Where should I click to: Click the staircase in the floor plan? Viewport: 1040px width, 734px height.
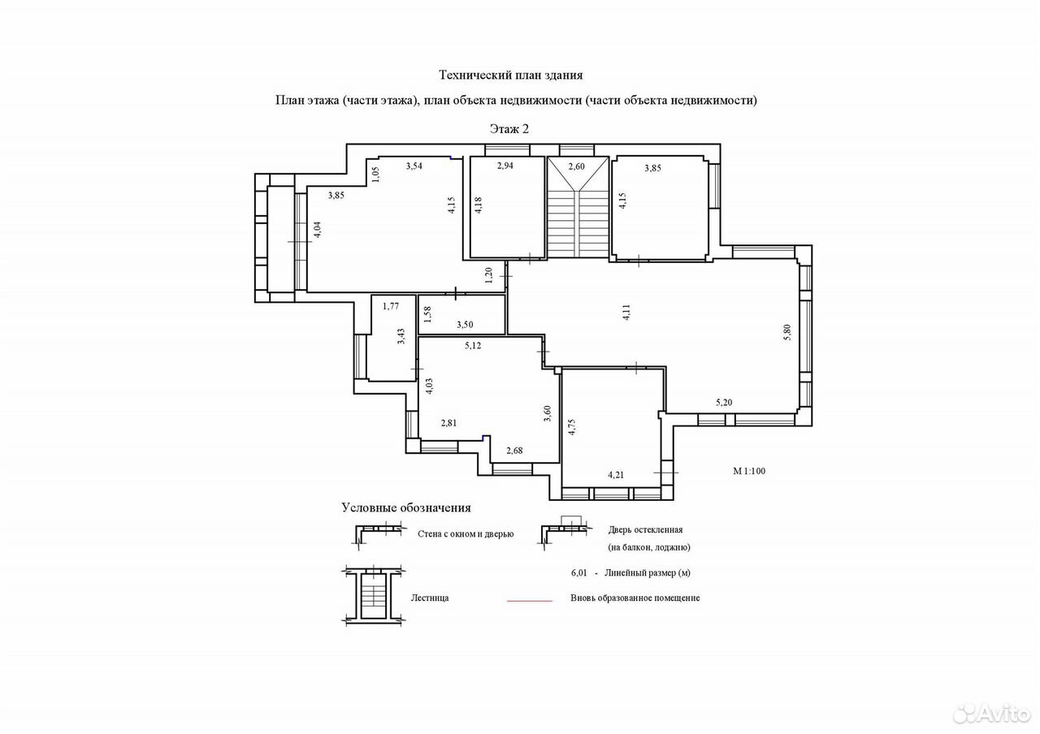[578, 207]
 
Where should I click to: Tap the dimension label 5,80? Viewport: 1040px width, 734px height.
[786, 333]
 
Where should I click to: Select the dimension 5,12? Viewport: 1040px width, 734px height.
[473, 345]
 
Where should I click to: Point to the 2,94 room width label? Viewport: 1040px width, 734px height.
[505, 166]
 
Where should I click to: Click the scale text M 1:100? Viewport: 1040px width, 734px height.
[749, 471]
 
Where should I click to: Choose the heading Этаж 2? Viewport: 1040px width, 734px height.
[509, 129]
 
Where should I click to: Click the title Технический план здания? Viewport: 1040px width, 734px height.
[511, 76]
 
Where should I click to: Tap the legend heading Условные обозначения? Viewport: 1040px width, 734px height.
[406, 508]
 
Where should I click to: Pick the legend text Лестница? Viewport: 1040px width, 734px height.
[430, 598]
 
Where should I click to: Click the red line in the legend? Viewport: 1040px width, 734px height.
[529, 601]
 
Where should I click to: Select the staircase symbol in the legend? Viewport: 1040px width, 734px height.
[374, 596]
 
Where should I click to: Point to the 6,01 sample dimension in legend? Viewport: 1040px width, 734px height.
[579, 573]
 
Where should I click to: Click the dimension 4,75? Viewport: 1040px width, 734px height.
[571, 427]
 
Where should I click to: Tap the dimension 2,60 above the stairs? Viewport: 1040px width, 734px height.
[576, 166]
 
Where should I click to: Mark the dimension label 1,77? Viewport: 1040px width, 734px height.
[391, 306]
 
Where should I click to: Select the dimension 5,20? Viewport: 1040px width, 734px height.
[724, 402]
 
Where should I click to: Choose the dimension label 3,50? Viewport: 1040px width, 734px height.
[465, 325]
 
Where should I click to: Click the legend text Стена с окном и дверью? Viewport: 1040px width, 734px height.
[466, 534]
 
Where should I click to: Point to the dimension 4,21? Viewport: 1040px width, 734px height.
[616, 475]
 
